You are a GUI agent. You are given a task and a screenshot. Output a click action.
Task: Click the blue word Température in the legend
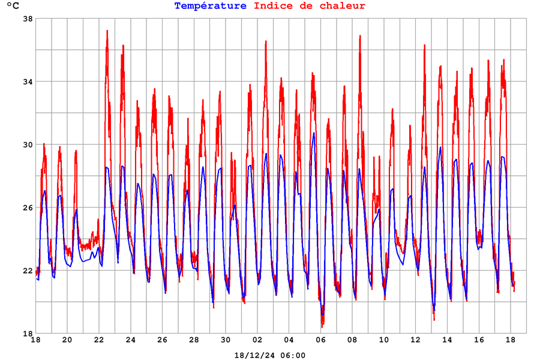tap(210, 6)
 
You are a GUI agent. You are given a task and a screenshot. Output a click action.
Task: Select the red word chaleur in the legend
tap(343, 6)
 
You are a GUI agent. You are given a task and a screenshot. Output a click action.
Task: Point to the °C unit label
tap(13, 7)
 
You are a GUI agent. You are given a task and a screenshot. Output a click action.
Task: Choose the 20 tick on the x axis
tap(67, 340)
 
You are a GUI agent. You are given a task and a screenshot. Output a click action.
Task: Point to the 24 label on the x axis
tap(131, 340)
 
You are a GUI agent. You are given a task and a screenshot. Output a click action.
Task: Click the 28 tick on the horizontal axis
tap(194, 340)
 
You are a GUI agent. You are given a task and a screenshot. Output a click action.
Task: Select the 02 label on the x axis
tap(257, 340)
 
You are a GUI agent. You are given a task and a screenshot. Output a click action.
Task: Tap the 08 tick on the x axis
tap(352, 340)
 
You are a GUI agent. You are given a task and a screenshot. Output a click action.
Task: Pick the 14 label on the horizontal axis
tap(448, 340)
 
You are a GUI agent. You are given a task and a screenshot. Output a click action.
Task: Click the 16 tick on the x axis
tap(479, 340)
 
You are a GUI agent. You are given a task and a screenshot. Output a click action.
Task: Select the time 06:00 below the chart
tap(292, 355)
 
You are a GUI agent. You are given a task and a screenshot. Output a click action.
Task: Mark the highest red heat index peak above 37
tap(107, 31)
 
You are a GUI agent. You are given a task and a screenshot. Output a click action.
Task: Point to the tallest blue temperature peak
tap(314, 133)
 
